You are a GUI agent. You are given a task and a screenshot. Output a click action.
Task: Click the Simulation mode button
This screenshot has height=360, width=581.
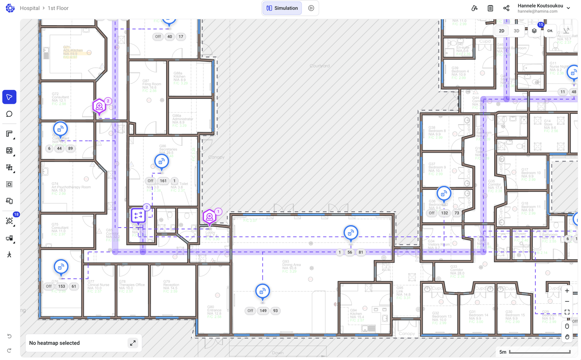tap(282, 8)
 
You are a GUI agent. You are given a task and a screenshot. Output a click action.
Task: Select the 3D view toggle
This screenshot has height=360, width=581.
tap(516, 31)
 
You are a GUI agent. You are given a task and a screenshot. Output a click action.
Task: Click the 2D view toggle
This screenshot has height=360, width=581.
tap(502, 31)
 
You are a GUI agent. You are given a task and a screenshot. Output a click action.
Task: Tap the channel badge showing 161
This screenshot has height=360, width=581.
tap(163, 181)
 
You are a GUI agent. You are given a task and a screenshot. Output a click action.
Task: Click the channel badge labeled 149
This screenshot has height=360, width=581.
tap(263, 311)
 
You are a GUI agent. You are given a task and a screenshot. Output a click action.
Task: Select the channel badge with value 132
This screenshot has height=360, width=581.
tap(444, 213)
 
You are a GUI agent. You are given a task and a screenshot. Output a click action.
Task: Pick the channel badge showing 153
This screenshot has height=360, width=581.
tap(62, 286)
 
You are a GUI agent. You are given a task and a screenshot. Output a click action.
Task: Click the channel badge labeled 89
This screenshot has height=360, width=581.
tap(70, 148)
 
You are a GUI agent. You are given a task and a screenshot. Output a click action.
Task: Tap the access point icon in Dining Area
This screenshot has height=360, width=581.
tap(262, 291)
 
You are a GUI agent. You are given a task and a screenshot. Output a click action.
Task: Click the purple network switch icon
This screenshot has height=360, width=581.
tap(138, 215)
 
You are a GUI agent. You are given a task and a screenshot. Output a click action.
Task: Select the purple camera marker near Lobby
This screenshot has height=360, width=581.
tap(210, 217)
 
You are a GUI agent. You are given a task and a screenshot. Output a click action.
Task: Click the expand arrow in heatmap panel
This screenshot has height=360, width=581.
tap(133, 343)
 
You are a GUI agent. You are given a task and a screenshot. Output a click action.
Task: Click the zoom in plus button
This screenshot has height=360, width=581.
tap(567, 291)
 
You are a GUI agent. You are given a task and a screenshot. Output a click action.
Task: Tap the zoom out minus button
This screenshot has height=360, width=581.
tap(567, 301)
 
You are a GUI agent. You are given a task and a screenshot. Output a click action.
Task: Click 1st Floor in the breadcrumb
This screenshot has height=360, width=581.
tap(58, 8)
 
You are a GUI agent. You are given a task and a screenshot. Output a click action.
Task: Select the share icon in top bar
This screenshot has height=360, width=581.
tap(506, 8)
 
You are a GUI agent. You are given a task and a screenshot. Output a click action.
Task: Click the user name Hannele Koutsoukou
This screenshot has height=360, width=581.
tap(540, 6)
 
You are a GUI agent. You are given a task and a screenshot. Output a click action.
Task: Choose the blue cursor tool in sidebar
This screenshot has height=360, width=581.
tap(9, 97)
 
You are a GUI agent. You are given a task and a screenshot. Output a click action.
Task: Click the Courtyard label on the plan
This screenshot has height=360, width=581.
tap(320, 66)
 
